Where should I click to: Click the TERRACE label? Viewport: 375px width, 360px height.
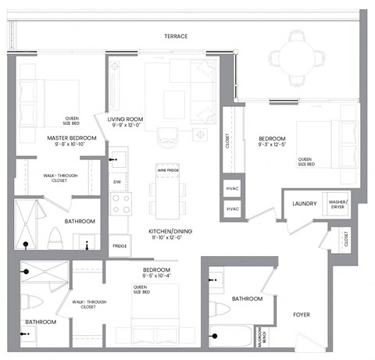point(175,37)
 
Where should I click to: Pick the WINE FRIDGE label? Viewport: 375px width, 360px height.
point(166,169)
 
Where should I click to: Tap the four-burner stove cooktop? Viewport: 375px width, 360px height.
point(121,205)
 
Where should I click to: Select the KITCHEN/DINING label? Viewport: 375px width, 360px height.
point(171,231)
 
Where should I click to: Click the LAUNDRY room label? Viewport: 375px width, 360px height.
point(304,204)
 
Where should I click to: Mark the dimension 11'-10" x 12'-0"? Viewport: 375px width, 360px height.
point(171,239)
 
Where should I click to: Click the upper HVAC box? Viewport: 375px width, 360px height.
point(232,190)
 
